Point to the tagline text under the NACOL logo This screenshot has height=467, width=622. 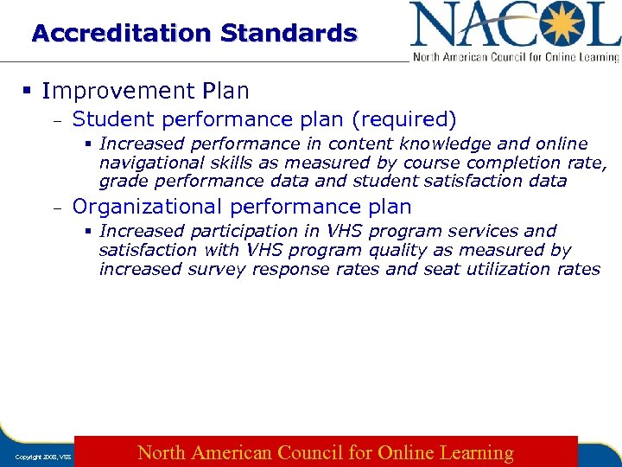tap(516, 57)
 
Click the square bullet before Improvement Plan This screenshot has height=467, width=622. tap(29, 91)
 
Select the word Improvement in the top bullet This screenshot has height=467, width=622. tap(115, 91)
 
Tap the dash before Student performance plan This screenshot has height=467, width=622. tap(56, 119)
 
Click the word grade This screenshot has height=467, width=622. tap(121, 182)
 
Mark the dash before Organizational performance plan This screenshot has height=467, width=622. tap(56, 208)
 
